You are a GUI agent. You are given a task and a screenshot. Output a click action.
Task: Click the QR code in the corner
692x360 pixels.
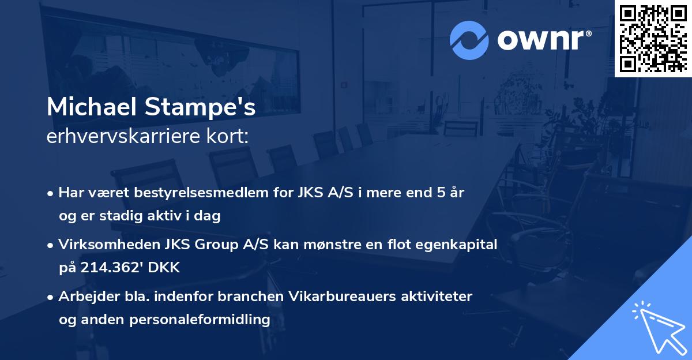(x=653, y=38)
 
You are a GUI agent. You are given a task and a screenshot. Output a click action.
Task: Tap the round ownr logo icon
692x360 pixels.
(x=469, y=40)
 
